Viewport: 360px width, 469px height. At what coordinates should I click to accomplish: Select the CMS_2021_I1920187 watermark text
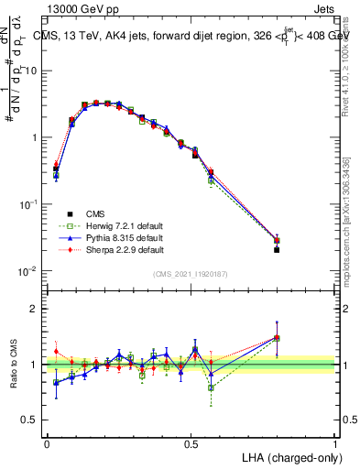[x=191, y=274]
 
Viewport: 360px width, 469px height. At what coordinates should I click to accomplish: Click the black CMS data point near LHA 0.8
[x=278, y=249]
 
